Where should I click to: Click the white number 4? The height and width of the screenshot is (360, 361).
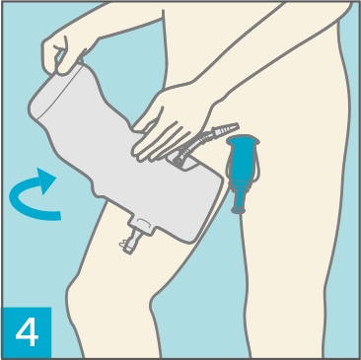coord(27,332)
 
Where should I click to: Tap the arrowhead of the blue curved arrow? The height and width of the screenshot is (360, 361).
coord(46,180)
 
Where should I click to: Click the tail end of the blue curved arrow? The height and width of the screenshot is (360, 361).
coord(59,215)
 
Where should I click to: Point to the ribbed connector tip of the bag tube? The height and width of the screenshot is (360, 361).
coord(226,127)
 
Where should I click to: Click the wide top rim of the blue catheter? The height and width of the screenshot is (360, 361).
coord(243,141)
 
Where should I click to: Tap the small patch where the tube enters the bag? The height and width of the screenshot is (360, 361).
coord(183,162)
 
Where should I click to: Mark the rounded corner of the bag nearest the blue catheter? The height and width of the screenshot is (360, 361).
coord(215,177)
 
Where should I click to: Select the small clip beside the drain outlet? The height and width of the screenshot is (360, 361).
coord(122,244)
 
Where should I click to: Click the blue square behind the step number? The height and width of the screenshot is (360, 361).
coord(27,332)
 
